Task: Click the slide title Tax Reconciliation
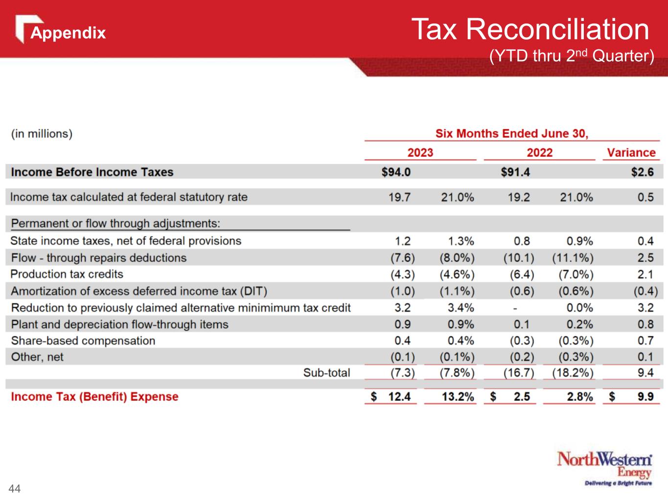click(530, 29)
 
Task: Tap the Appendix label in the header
click(68, 33)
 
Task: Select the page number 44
click(15, 488)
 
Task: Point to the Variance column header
click(631, 153)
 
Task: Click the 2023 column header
click(420, 153)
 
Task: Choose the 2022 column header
click(539, 153)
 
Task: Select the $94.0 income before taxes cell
click(396, 172)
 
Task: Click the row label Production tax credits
click(67, 274)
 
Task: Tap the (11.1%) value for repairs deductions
click(573, 258)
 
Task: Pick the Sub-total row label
click(326, 373)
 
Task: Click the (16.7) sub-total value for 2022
click(519, 373)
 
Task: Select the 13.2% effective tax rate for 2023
click(458, 397)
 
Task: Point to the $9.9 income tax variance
click(645, 397)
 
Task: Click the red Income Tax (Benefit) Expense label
click(94, 397)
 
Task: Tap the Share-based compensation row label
click(83, 341)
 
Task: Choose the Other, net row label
click(37, 357)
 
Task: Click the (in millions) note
click(42, 134)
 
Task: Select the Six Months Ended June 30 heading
click(512, 134)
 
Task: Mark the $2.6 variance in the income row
click(642, 172)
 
